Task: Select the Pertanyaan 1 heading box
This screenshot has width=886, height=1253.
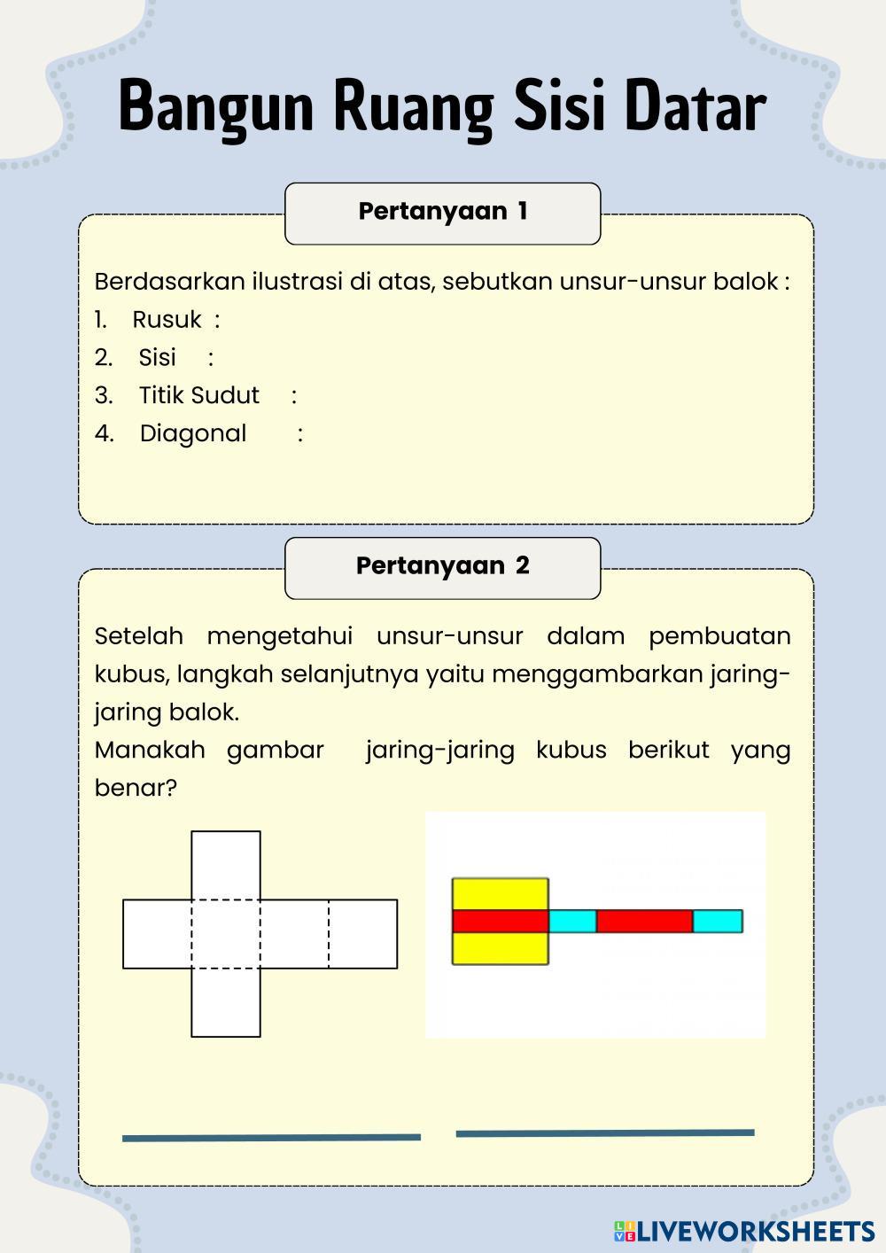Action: pyautogui.click(x=442, y=213)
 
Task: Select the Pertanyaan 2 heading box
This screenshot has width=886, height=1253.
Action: pyautogui.click(x=442, y=567)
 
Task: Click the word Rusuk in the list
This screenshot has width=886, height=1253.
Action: pyautogui.click(x=167, y=320)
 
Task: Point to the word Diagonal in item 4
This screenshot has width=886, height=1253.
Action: pyautogui.click(x=193, y=433)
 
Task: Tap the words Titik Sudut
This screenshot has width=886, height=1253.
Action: pyautogui.click(x=199, y=395)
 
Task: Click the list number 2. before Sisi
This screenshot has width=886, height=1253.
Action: pyautogui.click(x=104, y=357)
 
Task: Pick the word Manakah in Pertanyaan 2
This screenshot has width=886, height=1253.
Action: pyautogui.click(x=149, y=750)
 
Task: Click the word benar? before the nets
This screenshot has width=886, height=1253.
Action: pyautogui.click(x=136, y=788)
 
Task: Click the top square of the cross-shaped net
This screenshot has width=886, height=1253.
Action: pyautogui.click(x=226, y=865)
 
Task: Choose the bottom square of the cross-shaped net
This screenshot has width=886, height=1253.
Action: pyautogui.click(x=226, y=1002)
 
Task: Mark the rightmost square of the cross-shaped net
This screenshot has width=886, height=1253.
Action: pyautogui.click(x=363, y=934)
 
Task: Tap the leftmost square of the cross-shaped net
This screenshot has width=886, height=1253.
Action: pyautogui.click(x=157, y=934)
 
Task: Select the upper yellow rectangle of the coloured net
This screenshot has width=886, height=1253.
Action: pyautogui.click(x=501, y=893)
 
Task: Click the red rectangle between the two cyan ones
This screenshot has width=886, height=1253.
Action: pyautogui.click(x=644, y=922)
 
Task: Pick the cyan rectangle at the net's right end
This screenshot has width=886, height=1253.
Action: pyautogui.click(x=718, y=922)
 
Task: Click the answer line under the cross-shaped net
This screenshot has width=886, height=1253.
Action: pyautogui.click(x=271, y=1138)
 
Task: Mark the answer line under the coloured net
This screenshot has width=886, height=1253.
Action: pyautogui.click(x=605, y=1132)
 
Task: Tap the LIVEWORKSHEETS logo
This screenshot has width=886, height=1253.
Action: pyautogui.click(x=744, y=1231)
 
